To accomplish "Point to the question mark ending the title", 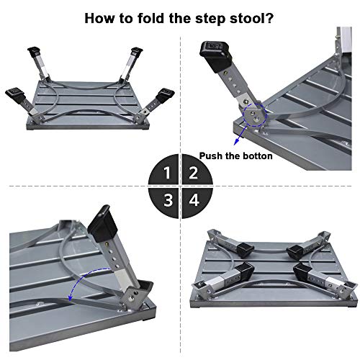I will point(274,18).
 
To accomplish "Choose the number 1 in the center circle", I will point(167,173).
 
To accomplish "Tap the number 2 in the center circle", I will point(192,173).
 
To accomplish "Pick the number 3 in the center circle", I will point(167,198).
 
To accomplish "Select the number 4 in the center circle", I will point(192,198).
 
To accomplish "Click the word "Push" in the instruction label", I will point(215,156).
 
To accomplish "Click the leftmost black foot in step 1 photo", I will point(16,95).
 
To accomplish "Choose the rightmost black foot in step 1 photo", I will point(167,94).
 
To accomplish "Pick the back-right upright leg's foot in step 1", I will point(137,53).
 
